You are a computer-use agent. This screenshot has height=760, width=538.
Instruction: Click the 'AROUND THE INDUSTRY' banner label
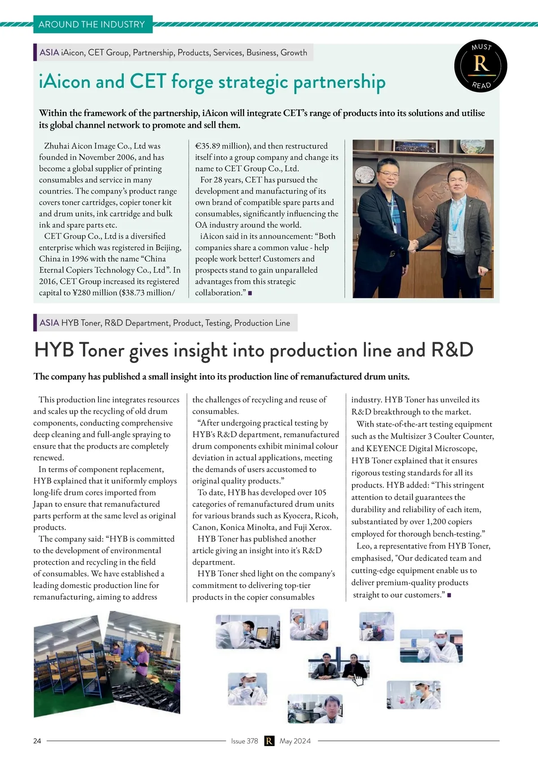pos(92,24)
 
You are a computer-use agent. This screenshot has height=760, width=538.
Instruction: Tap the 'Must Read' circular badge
pos(481,66)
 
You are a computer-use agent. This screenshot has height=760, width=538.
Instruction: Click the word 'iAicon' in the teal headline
pos(65,82)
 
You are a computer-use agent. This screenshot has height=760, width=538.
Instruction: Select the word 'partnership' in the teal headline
pos(339,82)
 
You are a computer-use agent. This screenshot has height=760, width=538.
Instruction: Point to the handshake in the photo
pos(414,245)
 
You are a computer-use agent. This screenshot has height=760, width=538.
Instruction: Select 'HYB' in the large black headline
pos(54,350)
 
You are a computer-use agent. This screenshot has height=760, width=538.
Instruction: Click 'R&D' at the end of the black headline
pos(452,350)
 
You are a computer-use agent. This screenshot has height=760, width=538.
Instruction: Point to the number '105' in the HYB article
pos(320,492)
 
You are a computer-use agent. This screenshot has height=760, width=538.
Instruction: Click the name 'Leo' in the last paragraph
pos(363,546)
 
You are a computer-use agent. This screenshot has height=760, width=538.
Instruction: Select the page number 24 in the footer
pos(37,741)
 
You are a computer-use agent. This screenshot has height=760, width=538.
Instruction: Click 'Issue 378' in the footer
pos(244,741)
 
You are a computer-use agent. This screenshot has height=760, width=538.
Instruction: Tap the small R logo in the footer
pos(269,741)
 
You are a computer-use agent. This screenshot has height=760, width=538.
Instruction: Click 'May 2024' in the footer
pos(295,741)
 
